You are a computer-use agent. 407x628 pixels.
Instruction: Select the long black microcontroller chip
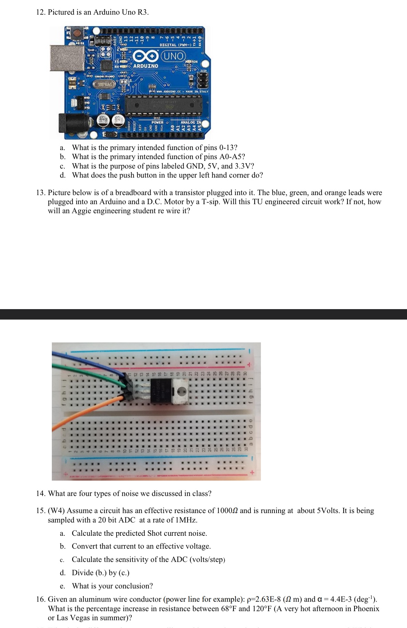[163, 104]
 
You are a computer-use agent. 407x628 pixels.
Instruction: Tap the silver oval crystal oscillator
[104, 85]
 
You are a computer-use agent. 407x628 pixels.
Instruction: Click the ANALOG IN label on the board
[191, 122]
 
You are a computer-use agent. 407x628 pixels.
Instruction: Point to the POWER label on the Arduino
[157, 123]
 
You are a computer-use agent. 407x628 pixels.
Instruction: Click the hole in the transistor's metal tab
[182, 391]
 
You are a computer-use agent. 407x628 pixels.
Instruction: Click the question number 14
[41, 494]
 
